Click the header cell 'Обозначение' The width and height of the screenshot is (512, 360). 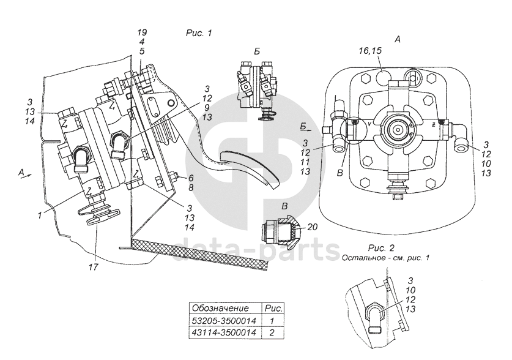point(220,307)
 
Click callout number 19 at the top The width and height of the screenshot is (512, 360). point(141,31)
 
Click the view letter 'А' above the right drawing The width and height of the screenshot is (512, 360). point(397,39)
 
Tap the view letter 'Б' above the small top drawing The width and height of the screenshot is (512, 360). point(256,50)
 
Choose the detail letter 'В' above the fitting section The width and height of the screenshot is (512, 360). point(285,206)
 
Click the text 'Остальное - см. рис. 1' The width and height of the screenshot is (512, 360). point(386,257)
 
